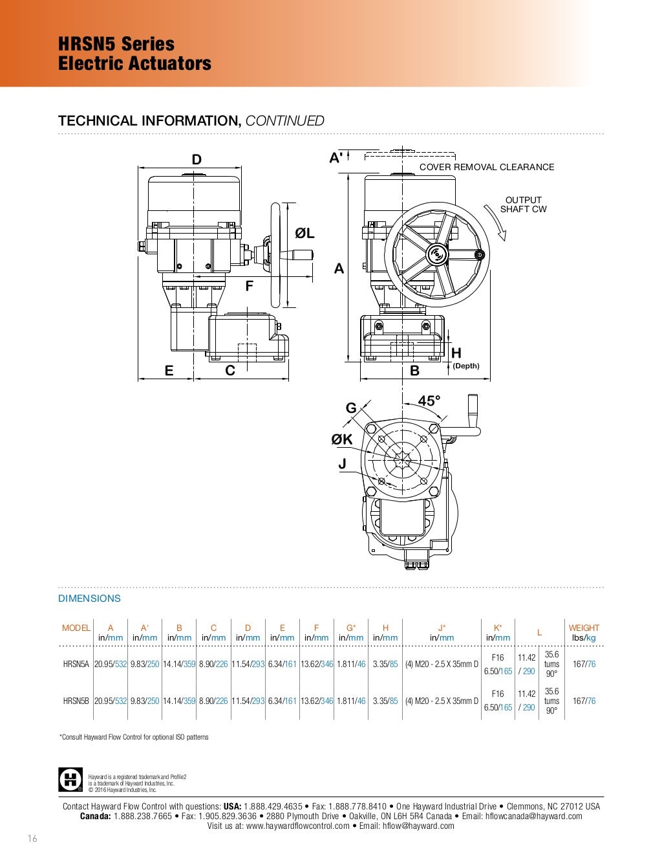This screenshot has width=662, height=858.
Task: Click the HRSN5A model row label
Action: [76, 664]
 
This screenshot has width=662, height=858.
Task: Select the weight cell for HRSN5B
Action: [584, 701]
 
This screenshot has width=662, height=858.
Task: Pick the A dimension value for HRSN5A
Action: [111, 664]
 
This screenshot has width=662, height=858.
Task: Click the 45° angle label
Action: [429, 401]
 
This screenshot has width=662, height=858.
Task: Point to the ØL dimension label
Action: [304, 234]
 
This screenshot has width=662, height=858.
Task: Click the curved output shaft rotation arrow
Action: [495, 223]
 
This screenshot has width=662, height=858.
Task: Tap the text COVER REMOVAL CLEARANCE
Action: [486, 167]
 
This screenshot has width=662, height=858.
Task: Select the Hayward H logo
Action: [70, 780]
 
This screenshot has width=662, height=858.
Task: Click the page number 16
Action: [32, 838]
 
